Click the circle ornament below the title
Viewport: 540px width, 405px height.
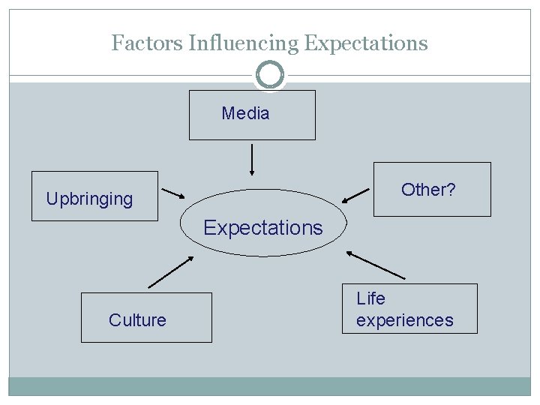pyautogui.click(x=270, y=75)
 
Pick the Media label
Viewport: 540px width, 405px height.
pyautogui.click(x=245, y=114)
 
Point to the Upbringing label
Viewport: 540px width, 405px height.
pyautogui.click(x=89, y=199)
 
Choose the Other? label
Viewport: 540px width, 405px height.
pyautogui.click(x=428, y=190)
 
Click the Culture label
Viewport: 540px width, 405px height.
pyautogui.click(x=137, y=320)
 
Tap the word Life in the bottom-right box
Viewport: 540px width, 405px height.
pyautogui.click(x=370, y=298)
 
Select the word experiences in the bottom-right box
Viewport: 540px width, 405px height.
pyautogui.click(x=405, y=320)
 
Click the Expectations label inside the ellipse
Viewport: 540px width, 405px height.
pyautogui.click(x=263, y=227)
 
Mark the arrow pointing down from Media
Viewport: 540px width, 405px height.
pyautogui.click(x=251, y=159)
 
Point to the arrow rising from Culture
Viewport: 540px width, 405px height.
pyautogui.click(x=171, y=272)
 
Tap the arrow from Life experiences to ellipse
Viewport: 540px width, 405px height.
pyautogui.click(x=376, y=265)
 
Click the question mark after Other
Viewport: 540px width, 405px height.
pyautogui.click(x=451, y=190)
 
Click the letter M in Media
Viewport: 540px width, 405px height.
pyautogui.click(x=228, y=114)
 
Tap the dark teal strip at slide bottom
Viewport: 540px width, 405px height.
pyautogui.click(x=270, y=386)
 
